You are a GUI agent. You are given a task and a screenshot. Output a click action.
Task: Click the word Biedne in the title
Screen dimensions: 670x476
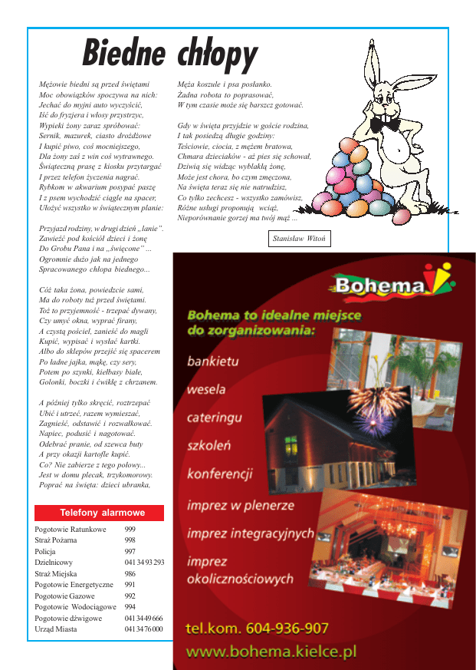(123, 53)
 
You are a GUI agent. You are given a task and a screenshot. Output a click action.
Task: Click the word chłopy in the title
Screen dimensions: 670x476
(217, 54)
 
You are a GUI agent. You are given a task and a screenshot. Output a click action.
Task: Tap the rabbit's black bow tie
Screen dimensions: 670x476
(385, 123)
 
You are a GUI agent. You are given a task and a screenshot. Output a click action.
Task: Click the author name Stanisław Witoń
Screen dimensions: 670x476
(300, 239)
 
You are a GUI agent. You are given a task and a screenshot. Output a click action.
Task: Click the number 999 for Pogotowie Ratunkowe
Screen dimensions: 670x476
(130, 530)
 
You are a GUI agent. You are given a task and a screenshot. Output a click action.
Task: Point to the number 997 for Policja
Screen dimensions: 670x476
(130, 551)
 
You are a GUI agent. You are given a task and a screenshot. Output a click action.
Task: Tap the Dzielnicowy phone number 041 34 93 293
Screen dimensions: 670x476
(144, 563)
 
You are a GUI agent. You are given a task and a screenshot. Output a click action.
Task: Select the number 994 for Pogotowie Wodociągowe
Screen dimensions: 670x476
(130, 606)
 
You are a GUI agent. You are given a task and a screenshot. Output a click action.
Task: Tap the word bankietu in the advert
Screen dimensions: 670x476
(213, 360)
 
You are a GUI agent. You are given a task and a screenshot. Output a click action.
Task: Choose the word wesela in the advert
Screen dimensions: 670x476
(206, 389)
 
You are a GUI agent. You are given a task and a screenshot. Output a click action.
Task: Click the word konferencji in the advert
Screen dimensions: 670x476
(219, 474)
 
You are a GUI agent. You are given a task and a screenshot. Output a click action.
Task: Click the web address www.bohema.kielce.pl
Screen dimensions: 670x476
(271, 652)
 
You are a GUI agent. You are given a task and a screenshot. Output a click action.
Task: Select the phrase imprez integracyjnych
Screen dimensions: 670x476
(250, 533)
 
